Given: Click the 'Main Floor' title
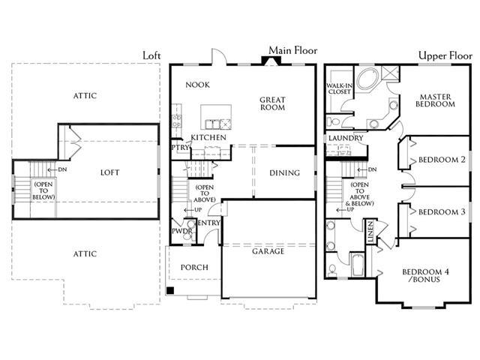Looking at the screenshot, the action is [x=293, y=50].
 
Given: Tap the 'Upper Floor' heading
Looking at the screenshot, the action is [x=445, y=55].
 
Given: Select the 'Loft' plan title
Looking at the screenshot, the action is [x=151, y=55].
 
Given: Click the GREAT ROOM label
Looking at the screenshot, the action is [x=272, y=103].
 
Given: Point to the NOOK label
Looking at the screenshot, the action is [x=197, y=85].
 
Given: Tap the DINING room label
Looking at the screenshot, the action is [x=284, y=173].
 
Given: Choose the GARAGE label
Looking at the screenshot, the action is [x=268, y=251].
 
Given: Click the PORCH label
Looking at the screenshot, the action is [x=194, y=268].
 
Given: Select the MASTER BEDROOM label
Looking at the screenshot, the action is [x=435, y=100].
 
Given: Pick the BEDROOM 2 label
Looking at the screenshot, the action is [x=442, y=160].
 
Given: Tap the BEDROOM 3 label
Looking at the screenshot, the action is [x=442, y=211].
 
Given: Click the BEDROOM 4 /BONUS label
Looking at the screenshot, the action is [x=425, y=275].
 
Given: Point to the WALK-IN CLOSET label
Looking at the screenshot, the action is [x=340, y=88].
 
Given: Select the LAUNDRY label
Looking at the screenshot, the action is [x=346, y=138].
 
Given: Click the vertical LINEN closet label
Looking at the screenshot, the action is [x=370, y=232].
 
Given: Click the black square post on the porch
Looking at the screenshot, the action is [x=170, y=290].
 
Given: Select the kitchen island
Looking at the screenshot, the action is [x=216, y=117].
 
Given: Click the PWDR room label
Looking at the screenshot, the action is [x=181, y=231].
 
